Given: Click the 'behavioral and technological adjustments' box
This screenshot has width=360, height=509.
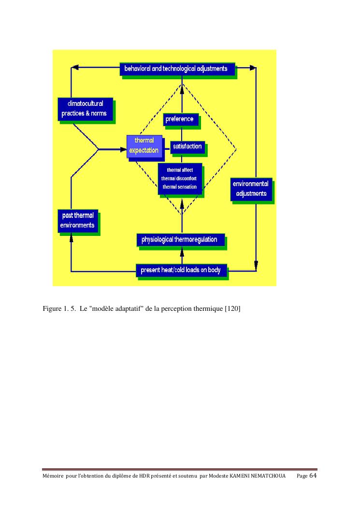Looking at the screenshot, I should pos(176,69).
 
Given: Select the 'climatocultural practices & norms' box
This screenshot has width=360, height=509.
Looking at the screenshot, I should pos(85,109).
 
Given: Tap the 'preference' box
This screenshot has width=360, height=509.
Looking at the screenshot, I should pos(180,119).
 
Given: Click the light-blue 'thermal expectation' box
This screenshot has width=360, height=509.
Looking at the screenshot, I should pos(144,146).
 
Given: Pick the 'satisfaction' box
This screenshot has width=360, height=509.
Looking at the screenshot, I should pos(187,146).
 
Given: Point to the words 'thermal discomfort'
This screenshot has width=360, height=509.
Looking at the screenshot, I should pos(180,178).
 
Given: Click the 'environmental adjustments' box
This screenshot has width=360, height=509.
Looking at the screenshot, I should pos(251,189).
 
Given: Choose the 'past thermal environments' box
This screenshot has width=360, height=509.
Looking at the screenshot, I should pos(77,220).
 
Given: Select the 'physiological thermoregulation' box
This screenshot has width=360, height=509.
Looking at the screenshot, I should pos(179,240).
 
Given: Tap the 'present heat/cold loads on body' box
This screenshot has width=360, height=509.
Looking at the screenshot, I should pos(181,270).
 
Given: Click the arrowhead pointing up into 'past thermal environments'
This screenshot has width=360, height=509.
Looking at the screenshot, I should pos(71,237).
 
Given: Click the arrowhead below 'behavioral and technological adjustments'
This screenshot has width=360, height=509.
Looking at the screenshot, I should pos(182,87).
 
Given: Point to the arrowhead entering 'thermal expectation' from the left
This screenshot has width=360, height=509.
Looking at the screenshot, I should pos(122,149).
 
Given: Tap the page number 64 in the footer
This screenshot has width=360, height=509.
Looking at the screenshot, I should pos(313,476).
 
